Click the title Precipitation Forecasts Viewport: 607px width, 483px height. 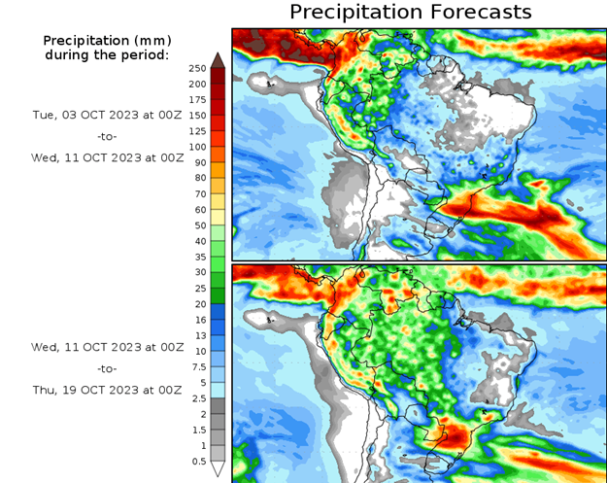410,12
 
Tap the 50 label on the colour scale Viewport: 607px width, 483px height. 199,225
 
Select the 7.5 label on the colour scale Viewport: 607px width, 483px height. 198,366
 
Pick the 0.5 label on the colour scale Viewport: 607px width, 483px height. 198,461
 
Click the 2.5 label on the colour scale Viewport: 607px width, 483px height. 198,397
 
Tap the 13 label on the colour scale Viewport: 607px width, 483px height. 199,335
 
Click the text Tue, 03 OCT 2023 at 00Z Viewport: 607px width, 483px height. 107,114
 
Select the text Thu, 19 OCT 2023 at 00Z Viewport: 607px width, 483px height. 107,390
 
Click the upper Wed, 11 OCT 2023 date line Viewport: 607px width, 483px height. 107,157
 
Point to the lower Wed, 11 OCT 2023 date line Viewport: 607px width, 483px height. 107,347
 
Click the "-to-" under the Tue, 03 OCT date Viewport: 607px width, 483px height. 107,136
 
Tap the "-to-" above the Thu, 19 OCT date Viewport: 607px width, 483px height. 107,368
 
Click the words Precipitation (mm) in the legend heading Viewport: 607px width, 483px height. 107,40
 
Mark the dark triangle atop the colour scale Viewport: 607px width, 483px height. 219,60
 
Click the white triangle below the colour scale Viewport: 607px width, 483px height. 219,469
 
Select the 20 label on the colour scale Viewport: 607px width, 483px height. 199,303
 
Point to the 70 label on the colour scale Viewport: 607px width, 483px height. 199,193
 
